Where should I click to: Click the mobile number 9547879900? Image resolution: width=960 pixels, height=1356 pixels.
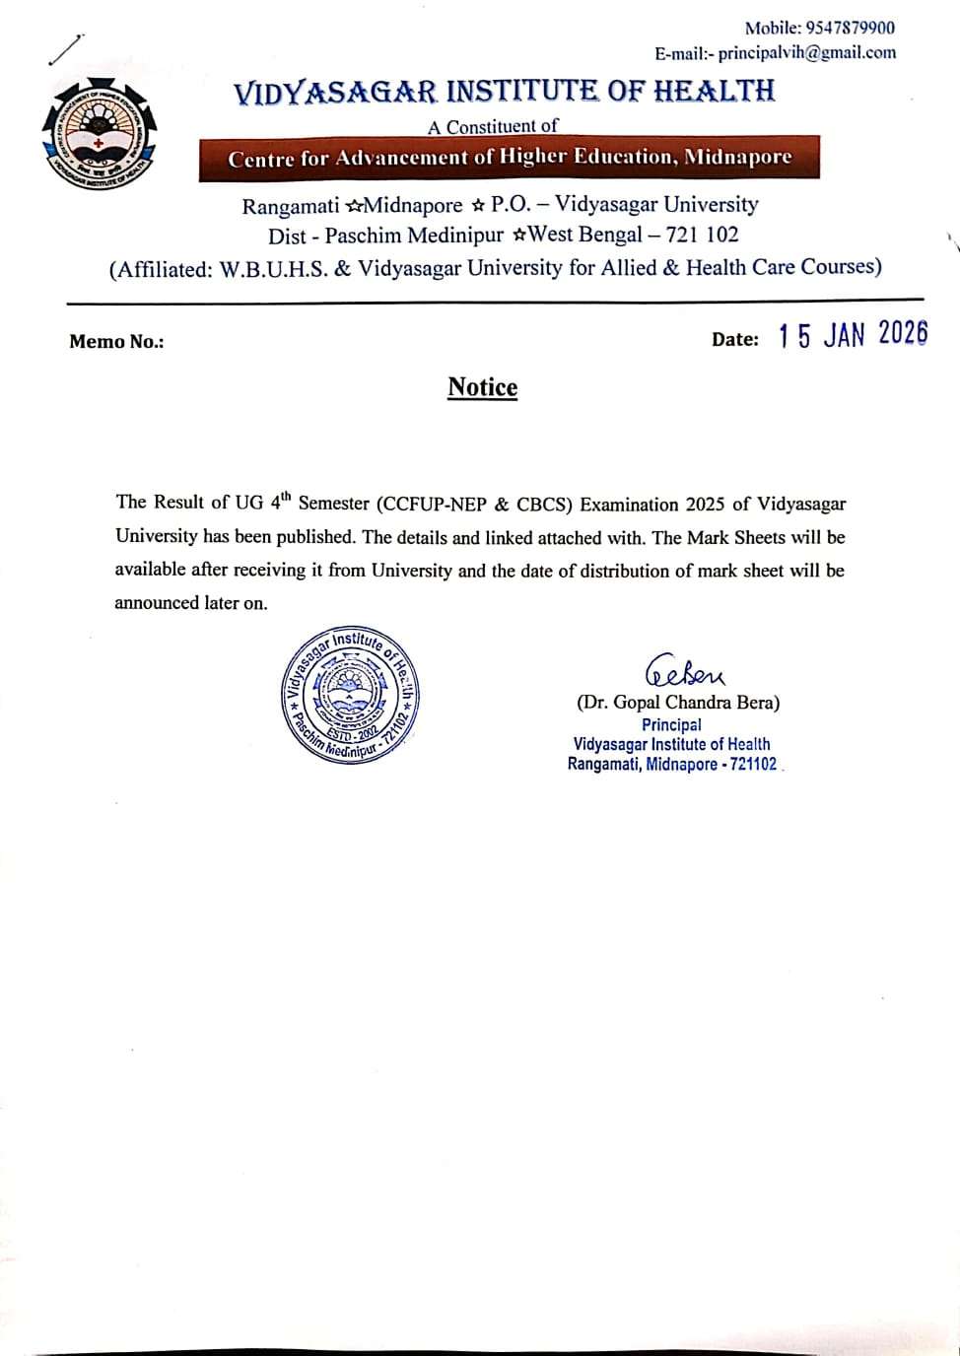[x=850, y=28]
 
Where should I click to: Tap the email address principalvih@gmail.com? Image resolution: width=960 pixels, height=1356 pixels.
[x=806, y=53]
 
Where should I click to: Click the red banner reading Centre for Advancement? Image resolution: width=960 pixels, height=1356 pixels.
[x=509, y=158]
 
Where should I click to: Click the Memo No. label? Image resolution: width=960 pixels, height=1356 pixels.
[x=116, y=342]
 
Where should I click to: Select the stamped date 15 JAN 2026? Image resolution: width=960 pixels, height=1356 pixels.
[x=853, y=335]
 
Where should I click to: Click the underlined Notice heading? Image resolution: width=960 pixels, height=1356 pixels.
[x=482, y=387]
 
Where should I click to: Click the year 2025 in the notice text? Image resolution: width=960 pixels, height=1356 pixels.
[x=701, y=505]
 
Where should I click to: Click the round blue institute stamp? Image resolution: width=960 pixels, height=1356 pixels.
[x=351, y=694]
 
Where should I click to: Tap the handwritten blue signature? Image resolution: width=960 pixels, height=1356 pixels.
[x=684, y=671]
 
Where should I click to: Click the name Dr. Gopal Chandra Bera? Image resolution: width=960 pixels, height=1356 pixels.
[x=678, y=703]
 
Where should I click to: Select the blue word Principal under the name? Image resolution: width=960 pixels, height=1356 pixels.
[x=671, y=724]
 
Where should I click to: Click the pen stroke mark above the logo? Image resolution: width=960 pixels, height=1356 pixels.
[x=66, y=49]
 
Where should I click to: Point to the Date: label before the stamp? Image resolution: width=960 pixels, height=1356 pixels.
[x=734, y=340]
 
